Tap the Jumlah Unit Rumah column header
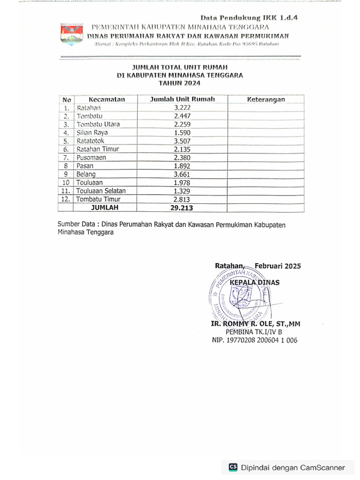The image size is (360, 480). coord(182,99)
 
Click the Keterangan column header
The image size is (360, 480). coord(266,99)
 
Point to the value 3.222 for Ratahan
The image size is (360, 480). coord(182,108)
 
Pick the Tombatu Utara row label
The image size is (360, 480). coord(98,124)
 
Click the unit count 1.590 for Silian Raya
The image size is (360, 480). coord(182,133)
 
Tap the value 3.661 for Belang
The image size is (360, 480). coord(182,174)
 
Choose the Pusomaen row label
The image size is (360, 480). coord(91,157)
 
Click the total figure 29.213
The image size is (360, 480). coord(182,207)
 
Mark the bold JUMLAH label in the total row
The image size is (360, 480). coord(105,207)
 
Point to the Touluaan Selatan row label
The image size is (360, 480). coord(101,191)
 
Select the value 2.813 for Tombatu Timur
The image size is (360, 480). coord(182,199)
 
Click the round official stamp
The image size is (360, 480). coord(239,295)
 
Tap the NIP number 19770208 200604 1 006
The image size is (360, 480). coord(255,341)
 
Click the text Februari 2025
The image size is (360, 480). coord(277,266)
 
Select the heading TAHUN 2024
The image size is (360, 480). coord(180,83)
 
